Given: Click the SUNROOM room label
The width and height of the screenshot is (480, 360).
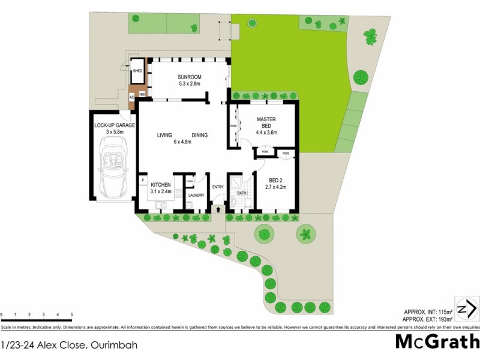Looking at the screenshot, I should point(189,77).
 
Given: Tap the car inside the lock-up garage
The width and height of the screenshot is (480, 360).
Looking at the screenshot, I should point(112,168).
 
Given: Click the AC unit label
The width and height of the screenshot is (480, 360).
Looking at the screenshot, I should point(132,96).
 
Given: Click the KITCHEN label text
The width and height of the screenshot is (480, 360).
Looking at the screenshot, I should point(161,185).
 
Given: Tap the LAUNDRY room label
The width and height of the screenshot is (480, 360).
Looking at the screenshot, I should point(196,195).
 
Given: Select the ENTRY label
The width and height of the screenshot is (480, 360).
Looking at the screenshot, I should point(217,187).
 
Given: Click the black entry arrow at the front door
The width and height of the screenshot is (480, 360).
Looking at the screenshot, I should point(217,209).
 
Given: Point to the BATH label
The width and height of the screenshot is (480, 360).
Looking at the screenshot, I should point(241,193).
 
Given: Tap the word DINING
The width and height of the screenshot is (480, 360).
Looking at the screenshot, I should point(200,135).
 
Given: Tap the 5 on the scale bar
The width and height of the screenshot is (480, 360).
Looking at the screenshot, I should point(71,314).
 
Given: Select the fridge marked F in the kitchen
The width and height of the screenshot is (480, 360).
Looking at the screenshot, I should point(143,179).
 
